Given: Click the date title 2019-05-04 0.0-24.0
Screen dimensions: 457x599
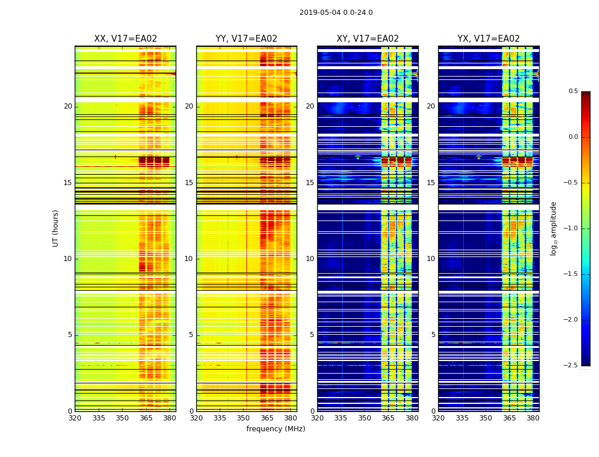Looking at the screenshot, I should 336,13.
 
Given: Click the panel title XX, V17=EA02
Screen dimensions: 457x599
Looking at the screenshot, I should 126,39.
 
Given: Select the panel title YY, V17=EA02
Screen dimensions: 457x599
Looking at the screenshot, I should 246,39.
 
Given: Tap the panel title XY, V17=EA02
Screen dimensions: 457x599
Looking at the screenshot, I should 367,39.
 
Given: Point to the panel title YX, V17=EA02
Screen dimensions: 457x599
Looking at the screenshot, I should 488,39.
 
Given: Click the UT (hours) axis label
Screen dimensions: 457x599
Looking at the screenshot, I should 56,228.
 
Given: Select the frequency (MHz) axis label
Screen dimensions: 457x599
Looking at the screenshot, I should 276,429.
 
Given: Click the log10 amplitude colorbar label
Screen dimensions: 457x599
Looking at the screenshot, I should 553,228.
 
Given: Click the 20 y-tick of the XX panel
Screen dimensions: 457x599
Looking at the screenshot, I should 68,106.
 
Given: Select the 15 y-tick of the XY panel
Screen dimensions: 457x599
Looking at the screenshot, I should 310,183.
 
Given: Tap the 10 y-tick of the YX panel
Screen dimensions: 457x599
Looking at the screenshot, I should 431,259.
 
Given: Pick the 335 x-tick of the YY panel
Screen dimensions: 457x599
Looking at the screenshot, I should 220,418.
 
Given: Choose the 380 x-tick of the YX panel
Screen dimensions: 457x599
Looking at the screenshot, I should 533,418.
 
